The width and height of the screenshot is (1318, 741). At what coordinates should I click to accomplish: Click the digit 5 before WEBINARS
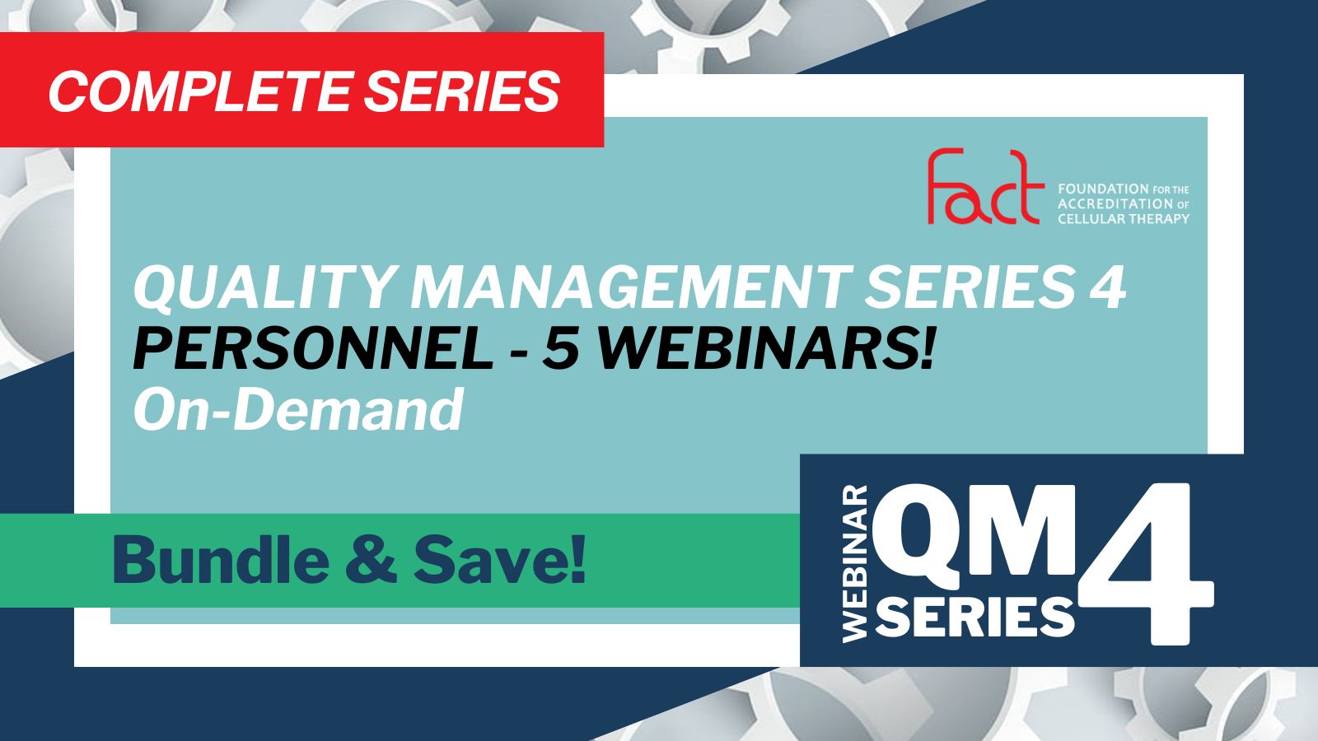pos(561,349)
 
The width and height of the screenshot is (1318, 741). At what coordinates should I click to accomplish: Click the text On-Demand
pos(298,409)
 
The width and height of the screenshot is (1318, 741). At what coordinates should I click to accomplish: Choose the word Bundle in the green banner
pos(222,559)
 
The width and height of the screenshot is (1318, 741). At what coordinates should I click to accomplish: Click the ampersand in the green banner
pos(372,561)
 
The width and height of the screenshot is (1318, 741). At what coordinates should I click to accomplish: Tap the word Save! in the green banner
pos(500,559)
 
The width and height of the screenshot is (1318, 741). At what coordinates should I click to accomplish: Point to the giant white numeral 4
pos(1146,563)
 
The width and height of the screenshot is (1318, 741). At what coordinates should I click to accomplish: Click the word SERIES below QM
pos(975,617)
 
